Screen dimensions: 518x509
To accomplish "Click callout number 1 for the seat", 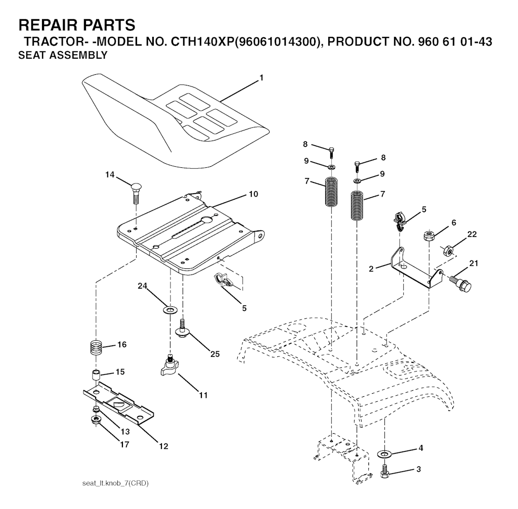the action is click(262, 78).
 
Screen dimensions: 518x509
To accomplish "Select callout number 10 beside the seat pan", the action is click(253, 194).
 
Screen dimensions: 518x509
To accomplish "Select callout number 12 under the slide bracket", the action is click(163, 446).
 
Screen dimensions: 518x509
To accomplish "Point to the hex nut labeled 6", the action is click(428, 236).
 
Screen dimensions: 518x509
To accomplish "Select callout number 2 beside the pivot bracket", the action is click(371, 269).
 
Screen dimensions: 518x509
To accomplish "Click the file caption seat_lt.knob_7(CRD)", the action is click(115, 484).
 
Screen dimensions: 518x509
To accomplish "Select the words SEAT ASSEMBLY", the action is click(63, 55).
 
